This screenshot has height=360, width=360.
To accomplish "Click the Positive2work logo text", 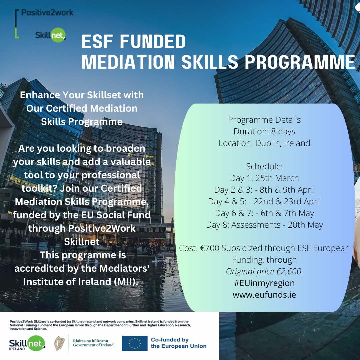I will [x=47, y=13].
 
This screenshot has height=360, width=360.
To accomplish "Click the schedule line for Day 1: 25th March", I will [x=264, y=178].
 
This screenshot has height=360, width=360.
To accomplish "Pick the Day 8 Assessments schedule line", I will [x=264, y=225].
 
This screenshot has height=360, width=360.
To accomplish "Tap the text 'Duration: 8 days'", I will [x=264, y=131].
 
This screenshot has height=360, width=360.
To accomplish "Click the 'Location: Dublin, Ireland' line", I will [x=264, y=143].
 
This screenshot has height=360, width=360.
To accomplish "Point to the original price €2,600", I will [x=291, y=271].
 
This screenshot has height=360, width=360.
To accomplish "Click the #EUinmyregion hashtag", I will [x=264, y=283].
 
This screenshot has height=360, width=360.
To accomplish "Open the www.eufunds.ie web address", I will [x=264, y=295].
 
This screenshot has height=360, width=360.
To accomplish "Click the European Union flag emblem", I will [x=135, y=343].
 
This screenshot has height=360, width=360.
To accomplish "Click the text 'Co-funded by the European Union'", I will [x=178, y=343].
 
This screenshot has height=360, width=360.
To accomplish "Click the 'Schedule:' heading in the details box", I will [x=264, y=166].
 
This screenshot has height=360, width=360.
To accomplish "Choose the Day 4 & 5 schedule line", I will [x=264, y=201].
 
